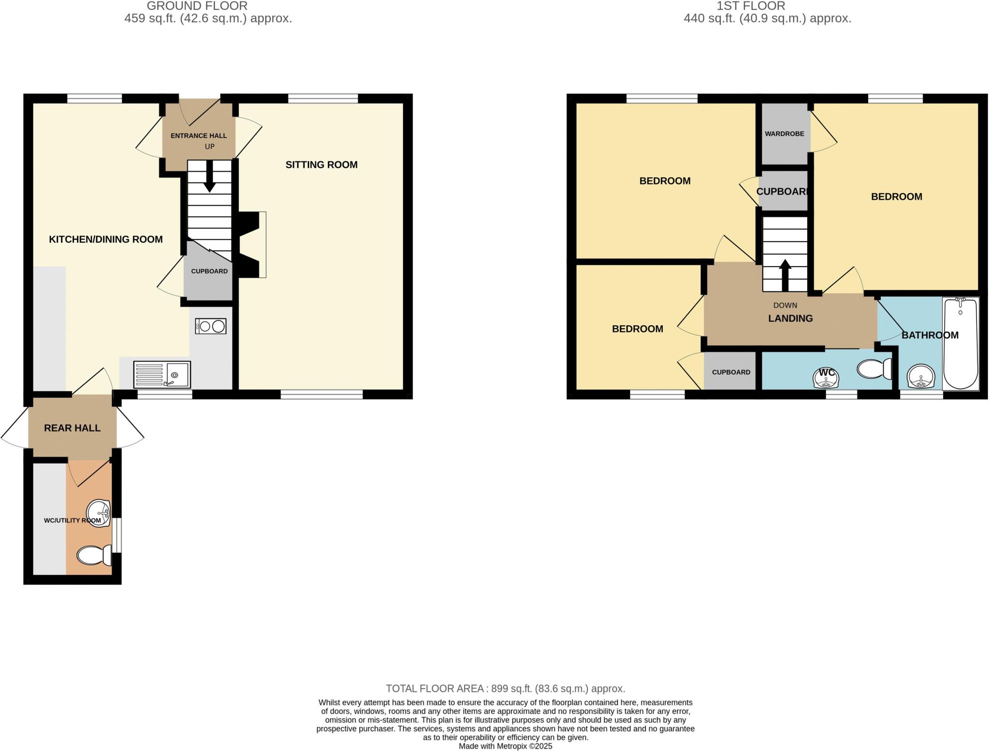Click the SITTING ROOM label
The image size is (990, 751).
[x=321, y=165]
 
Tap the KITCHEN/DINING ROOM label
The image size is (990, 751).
[x=105, y=239]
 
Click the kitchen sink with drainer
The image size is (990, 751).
[x=162, y=375]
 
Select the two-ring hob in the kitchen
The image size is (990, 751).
[x=211, y=327]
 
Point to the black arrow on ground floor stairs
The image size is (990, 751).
[x=210, y=176]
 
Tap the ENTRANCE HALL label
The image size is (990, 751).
[x=198, y=136]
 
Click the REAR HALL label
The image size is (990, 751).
[x=72, y=428]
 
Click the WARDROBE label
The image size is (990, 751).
[x=784, y=134]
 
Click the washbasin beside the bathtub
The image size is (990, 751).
[x=921, y=377]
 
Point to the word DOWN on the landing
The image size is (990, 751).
[x=785, y=305]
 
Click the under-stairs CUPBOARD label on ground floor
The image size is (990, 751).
[x=209, y=271]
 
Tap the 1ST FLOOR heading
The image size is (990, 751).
[x=751, y=6]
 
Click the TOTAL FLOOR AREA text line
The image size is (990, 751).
[x=505, y=689]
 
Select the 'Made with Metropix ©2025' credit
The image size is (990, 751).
[x=505, y=746]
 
